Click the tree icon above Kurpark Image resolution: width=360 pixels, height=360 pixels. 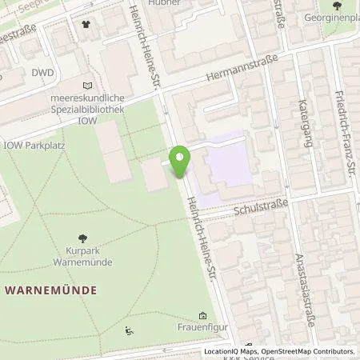(x=83, y=238)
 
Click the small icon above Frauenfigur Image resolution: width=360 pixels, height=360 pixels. (x=202, y=315)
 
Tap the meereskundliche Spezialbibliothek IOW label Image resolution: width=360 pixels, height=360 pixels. (x=86, y=110)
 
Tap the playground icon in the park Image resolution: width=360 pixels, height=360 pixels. (x=129, y=330)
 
